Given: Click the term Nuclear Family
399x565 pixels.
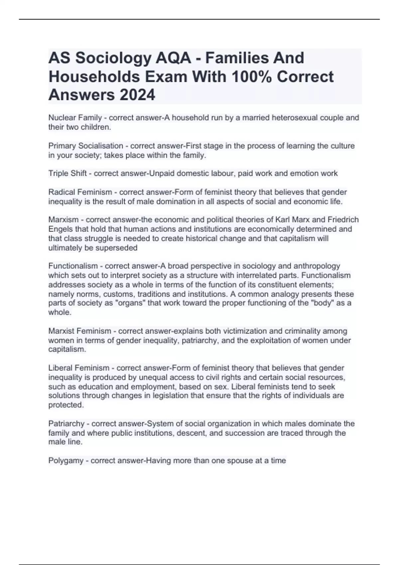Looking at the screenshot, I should [75, 118].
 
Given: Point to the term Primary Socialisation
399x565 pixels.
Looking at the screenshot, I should [86, 146].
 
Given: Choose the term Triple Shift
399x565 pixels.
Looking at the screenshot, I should [67, 173].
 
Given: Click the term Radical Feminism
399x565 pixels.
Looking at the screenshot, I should [80, 192].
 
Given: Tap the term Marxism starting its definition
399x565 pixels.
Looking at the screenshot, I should [63, 220].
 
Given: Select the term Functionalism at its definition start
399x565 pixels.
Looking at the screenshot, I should [73, 266].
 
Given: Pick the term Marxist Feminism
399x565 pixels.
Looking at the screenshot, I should [80, 331].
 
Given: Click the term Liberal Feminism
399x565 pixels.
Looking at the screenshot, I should [79, 368].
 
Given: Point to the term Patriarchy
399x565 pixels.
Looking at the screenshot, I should [66, 424].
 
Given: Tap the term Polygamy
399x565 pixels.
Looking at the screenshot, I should [66, 461].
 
